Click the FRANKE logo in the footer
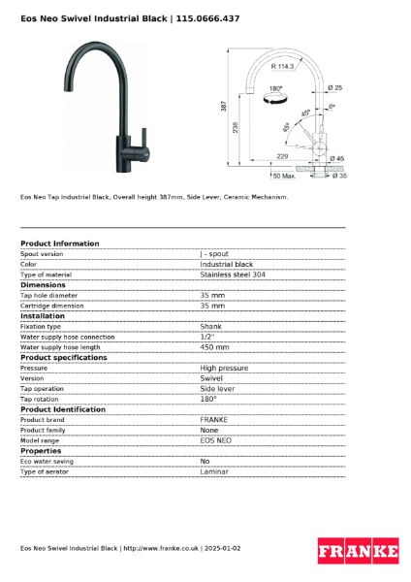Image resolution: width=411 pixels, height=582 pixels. click(x=359, y=551)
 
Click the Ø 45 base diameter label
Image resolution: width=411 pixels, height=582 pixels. click(x=338, y=157)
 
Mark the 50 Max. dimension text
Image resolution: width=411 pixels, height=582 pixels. click(x=283, y=176)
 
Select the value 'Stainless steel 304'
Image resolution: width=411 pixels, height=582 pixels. click(x=233, y=275)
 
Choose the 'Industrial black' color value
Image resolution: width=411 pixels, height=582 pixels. click(x=227, y=264)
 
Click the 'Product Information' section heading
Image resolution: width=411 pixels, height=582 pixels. click(x=59, y=243)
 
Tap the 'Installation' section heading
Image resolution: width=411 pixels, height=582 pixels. click(x=43, y=315)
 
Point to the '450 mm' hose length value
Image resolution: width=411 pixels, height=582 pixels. click(x=214, y=346)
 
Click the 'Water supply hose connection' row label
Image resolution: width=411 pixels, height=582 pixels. click(x=67, y=337)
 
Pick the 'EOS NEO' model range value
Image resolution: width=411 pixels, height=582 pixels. click(x=216, y=440)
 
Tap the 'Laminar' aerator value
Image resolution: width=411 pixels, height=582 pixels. click(x=215, y=471)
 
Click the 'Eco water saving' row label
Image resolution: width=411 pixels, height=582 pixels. click(x=47, y=461)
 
